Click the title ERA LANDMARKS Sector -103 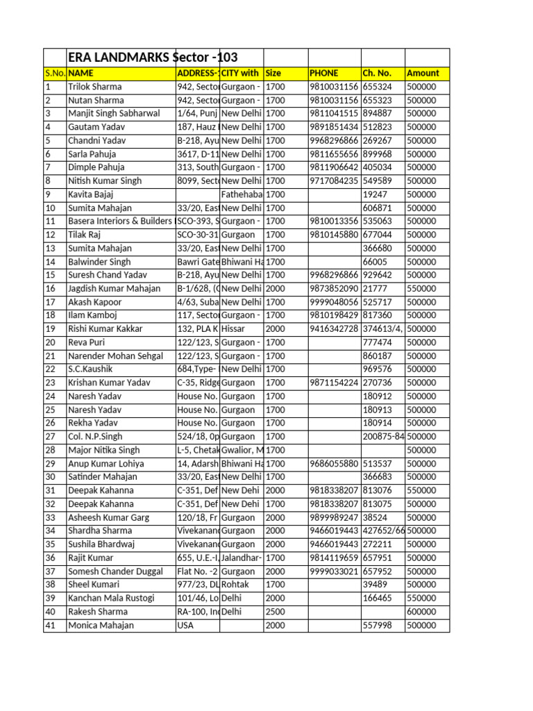coord(155,58)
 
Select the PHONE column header coord(324,73)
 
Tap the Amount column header coord(423,73)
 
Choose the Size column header coord(273,73)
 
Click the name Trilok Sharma coord(94,87)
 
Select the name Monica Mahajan coord(101,626)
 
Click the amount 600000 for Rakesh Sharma coord(421,612)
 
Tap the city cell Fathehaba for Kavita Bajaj coord(241,194)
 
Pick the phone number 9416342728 coord(334,329)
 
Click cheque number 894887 coord(377,113)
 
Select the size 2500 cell coord(275,612)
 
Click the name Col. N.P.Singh coord(95,437)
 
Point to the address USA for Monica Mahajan coord(186,626)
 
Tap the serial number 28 coord(50,450)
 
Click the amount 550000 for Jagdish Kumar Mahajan coord(421,289)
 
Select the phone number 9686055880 coord(334,464)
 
